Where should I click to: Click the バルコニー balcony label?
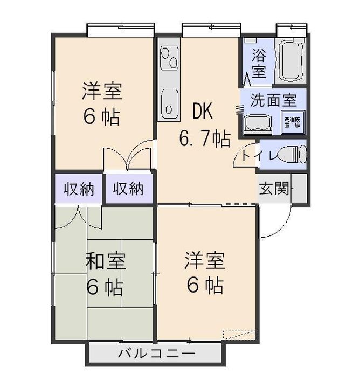click(156, 355)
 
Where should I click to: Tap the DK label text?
click(203, 112)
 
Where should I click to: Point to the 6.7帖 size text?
click(205, 138)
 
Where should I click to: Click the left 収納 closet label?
click(79, 189)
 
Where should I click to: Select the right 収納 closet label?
click(128, 189)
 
